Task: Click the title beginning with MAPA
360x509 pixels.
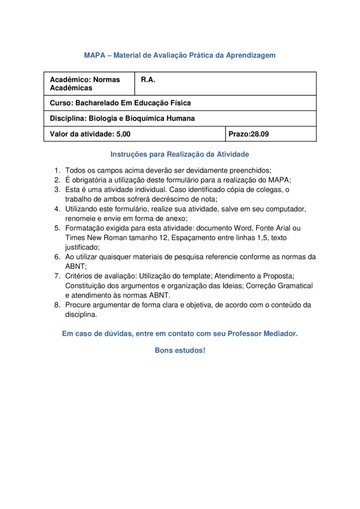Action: pos(180,55)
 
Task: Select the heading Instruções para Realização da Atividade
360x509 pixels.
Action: pos(180,154)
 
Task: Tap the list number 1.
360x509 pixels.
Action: pos(57,170)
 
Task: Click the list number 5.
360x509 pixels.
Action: pos(57,228)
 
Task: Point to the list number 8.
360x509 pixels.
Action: pos(57,305)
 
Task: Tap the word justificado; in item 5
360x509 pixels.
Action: pos(83,247)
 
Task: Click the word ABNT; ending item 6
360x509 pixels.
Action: pos(75,266)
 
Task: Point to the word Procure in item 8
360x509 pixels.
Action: pos(79,305)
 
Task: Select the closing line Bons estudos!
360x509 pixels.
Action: pos(180,350)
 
